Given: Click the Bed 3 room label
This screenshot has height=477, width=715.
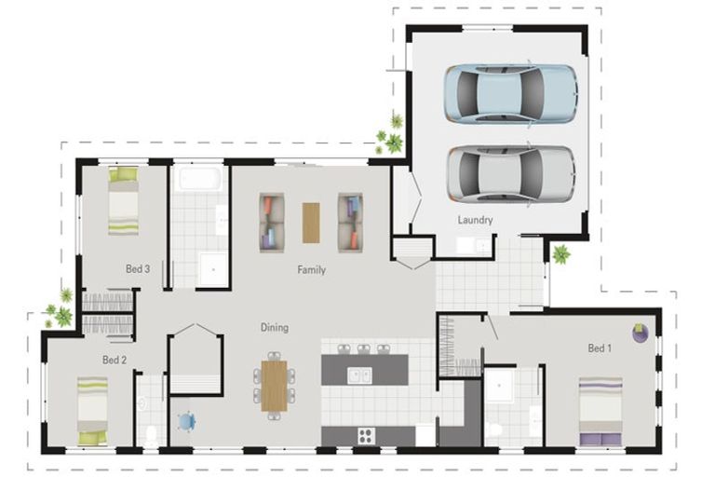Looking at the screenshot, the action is click(138, 269).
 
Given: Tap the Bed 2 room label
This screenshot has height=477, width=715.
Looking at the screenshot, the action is click(115, 360).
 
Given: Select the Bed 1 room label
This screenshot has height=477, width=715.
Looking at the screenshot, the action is click(600, 348).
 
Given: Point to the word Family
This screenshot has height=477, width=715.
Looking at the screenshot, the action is click(312, 270).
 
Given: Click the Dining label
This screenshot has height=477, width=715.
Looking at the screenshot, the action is click(275, 327).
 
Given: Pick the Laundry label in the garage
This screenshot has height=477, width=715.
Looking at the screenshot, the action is click(475, 220).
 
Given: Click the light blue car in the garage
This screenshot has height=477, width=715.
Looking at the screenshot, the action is click(511, 94).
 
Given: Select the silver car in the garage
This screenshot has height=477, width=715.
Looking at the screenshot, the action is click(511, 174).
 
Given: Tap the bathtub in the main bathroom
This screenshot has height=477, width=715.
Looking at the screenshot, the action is click(200, 179).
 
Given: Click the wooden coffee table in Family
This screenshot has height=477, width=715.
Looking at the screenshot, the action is click(311, 223).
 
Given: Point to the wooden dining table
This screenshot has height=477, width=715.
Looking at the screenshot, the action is click(274, 386).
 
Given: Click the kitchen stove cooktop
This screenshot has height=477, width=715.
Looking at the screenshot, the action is click(366, 435).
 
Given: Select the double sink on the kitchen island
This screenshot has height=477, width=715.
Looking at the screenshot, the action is click(359, 375).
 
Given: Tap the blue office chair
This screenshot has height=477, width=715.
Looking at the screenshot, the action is click(186, 421).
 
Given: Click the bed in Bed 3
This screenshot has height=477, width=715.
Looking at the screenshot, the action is click(123, 201).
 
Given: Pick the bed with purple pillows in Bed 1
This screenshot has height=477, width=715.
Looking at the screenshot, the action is click(600, 411).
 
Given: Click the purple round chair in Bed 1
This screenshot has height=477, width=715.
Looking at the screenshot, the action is click(641, 333).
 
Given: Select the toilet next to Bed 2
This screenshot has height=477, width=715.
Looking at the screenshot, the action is click(150, 436).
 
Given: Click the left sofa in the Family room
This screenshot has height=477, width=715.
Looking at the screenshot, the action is click(272, 223).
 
